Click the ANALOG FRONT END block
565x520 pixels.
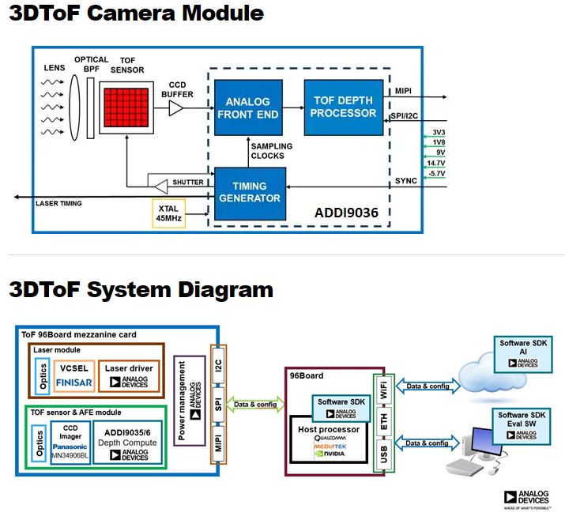point(248,107)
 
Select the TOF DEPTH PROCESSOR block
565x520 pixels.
point(344,107)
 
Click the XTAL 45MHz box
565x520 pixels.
point(168,213)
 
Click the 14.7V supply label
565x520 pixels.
point(435,163)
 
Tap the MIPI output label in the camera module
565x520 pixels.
point(403,92)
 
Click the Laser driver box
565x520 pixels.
point(129,375)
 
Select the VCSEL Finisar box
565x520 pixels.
point(76,375)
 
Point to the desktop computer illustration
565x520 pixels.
point(472,451)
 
